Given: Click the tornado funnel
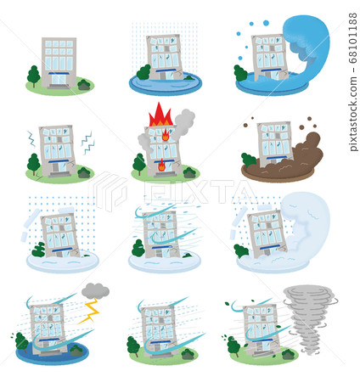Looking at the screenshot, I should click(x=309, y=316).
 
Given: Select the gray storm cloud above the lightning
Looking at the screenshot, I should click(x=95, y=290).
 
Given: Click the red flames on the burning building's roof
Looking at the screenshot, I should click(x=160, y=115).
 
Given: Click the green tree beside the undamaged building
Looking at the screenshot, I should click(x=34, y=76).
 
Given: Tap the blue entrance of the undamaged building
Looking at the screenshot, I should click(x=59, y=81).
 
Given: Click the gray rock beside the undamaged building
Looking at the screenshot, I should click(x=84, y=84).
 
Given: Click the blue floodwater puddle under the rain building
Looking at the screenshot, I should click(x=165, y=86).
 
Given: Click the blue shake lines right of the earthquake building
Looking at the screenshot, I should click(x=87, y=143).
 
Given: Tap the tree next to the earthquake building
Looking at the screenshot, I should click(x=34, y=162).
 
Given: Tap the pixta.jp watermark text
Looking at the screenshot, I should click(x=352, y=114).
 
